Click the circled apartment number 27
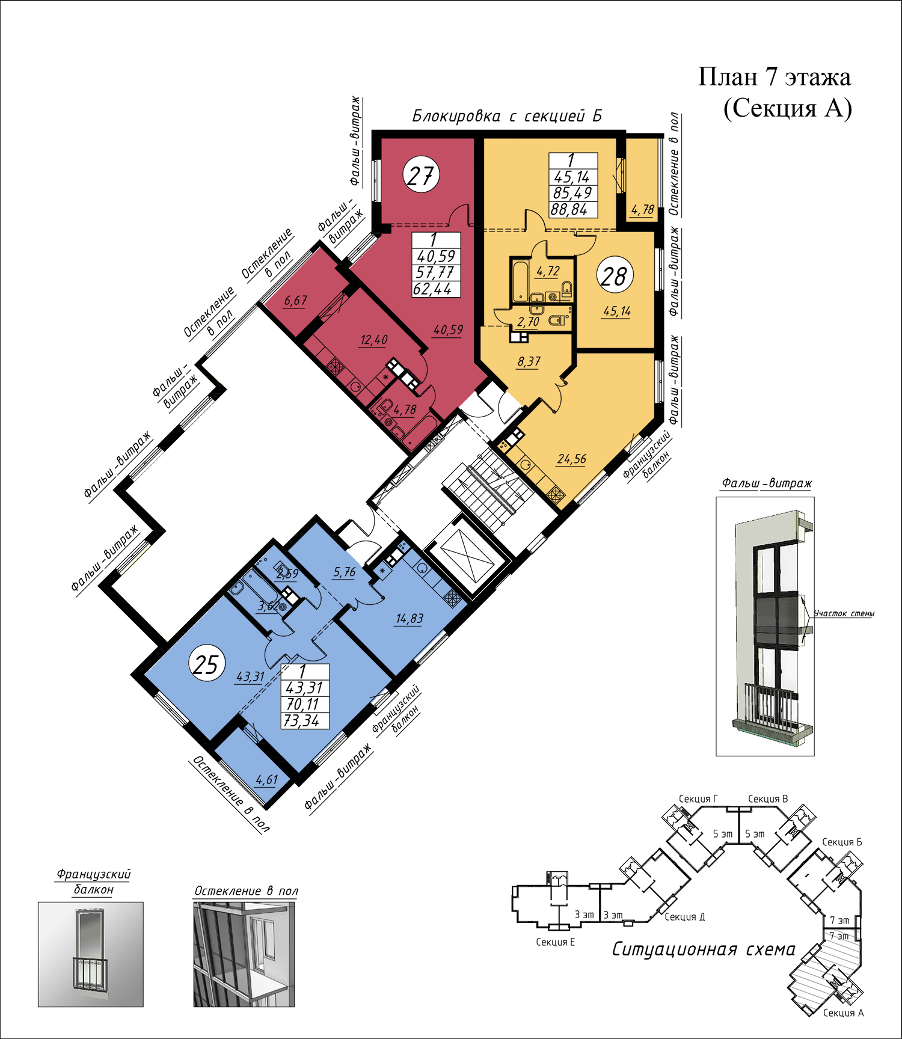421,175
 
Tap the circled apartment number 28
615,277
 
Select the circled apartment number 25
207,665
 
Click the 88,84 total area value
569,210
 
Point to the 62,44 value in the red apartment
432,289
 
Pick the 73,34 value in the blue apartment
302,721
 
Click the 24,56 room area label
572,459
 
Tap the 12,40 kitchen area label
374,340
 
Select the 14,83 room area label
410,619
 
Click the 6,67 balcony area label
296,301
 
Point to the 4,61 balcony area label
267,780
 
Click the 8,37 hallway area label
529,362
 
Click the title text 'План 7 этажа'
775,77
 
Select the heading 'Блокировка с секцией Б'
507,115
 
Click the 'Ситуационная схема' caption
704,949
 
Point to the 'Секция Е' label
555,942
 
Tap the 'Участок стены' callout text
844,613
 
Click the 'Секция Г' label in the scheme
698,799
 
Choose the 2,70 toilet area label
528,322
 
